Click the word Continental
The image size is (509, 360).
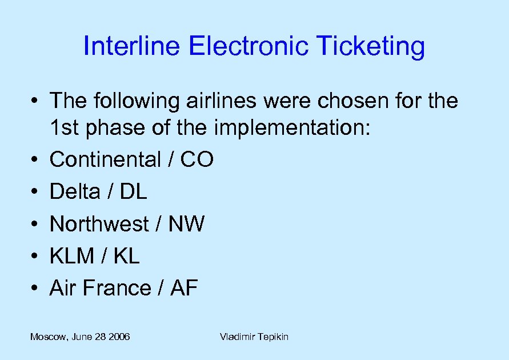click(x=105, y=160)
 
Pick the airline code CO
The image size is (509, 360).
click(x=197, y=160)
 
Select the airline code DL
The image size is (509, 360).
click(x=133, y=192)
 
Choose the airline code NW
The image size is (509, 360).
click(x=186, y=225)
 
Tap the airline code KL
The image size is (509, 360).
click(x=126, y=257)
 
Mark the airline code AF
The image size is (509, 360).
click(x=184, y=289)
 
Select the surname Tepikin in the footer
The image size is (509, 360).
click(x=272, y=337)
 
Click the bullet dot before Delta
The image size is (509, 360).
click(x=35, y=193)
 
